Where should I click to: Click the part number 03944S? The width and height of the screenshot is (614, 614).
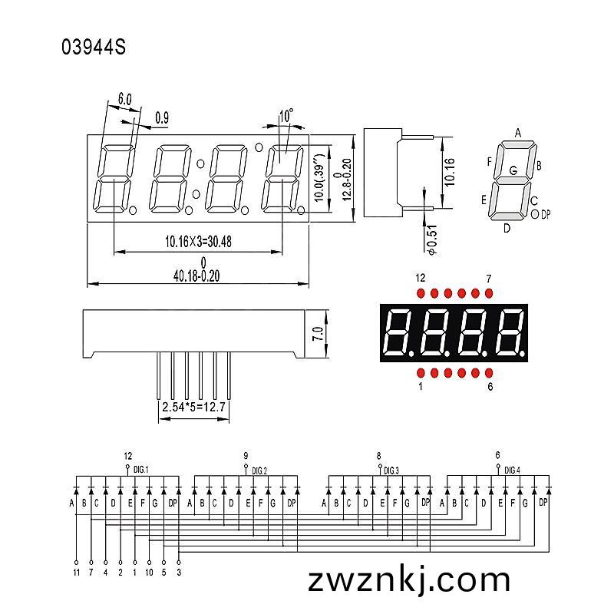click(94, 47)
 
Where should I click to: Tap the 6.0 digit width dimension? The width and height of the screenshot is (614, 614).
click(124, 99)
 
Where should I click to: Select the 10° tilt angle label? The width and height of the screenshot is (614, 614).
click(286, 116)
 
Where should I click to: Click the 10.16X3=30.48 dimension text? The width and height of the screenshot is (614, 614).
click(198, 242)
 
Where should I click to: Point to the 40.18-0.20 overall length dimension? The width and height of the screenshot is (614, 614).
click(196, 276)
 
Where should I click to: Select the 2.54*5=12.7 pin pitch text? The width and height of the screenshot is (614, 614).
click(194, 407)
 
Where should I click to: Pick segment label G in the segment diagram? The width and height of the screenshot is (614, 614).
click(513, 170)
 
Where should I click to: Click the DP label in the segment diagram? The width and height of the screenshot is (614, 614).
click(546, 215)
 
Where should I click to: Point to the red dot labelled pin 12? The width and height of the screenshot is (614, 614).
click(421, 293)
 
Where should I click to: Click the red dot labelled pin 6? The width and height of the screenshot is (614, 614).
click(489, 372)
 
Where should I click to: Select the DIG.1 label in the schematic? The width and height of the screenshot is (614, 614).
click(141, 470)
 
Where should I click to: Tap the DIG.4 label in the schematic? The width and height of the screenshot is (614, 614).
click(512, 470)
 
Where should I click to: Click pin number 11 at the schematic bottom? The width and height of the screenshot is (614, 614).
click(76, 573)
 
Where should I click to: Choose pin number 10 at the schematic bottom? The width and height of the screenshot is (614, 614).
click(149, 573)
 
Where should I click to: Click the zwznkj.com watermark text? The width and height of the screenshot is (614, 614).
click(409, 581)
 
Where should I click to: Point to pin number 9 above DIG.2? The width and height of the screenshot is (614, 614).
click(246, 455)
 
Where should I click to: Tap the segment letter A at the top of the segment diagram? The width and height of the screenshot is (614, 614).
click(517, 133)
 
